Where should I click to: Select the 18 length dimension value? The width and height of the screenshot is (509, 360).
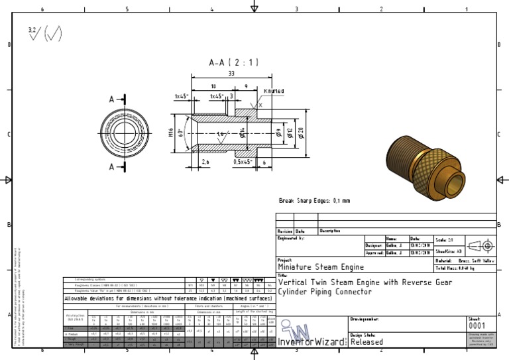pos(213,86)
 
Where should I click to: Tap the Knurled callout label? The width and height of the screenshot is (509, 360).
pos(274,91)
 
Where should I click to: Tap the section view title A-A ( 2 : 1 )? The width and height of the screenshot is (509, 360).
pos(233,62)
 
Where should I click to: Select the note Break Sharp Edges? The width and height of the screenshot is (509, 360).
pos(314,200)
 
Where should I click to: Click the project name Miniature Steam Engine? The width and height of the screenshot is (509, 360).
pos(320,267)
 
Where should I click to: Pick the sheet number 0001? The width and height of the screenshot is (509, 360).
pos(477,326)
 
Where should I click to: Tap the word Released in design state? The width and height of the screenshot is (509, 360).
pos(367,342)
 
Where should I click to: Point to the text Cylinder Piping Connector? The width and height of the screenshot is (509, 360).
pos(325,292)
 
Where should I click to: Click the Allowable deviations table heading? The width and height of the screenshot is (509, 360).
pos(168,298)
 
